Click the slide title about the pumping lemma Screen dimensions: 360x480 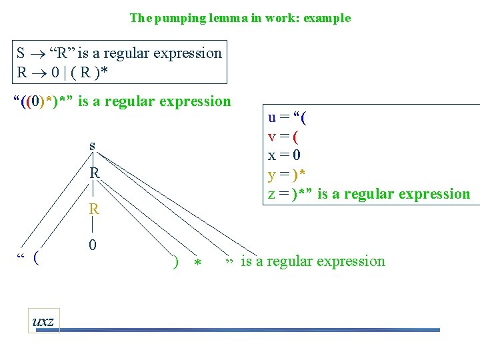coord(240,18)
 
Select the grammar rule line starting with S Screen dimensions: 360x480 coord(119,53)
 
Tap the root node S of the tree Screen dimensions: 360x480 coord(92,145)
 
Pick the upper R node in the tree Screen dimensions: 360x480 coord(95,173)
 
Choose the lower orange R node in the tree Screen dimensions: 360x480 coord(95,209)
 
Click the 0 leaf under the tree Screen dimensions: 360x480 coord(93,245)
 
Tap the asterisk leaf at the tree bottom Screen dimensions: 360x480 coord(197,263)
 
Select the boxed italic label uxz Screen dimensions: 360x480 coord(44,321)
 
